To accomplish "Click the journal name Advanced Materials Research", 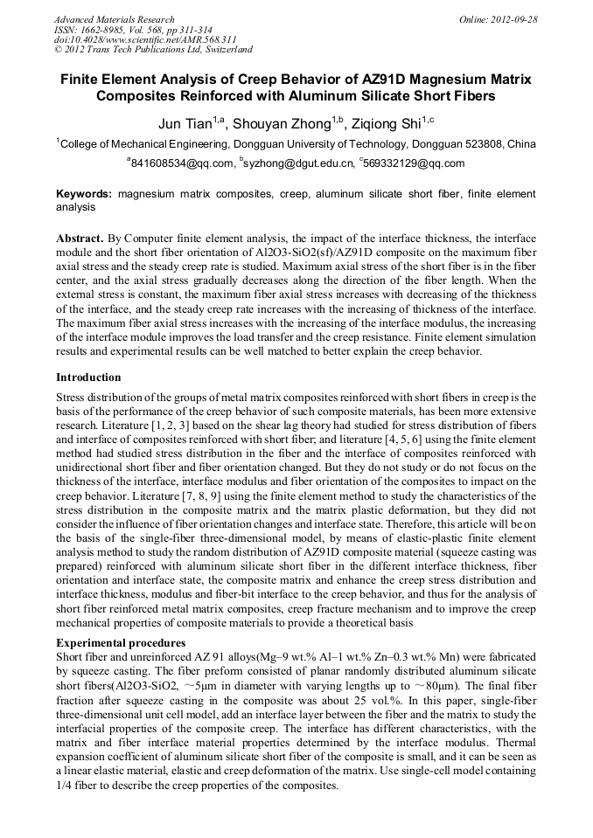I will [x=114, y=19].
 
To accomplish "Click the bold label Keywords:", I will [x=84, y=194].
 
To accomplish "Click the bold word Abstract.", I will [x=80, y=239].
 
